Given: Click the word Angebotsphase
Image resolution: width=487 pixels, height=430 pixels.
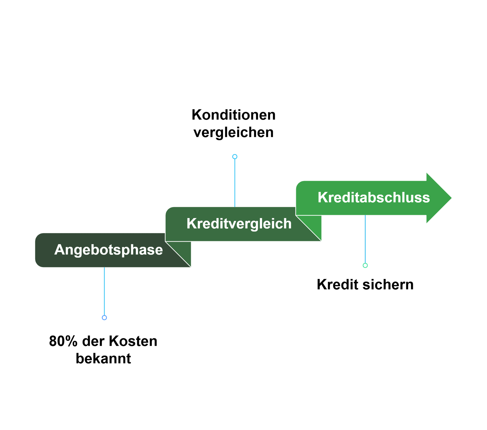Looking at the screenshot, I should pos(108,250).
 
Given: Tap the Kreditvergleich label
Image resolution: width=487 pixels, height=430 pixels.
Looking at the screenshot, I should pos(239,224).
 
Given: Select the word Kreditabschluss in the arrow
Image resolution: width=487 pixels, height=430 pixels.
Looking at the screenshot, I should pos(374,197).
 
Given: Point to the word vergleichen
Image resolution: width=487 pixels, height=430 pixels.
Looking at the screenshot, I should pos(233,133).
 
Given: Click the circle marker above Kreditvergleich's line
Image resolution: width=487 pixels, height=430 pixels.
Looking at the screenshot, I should pos(235,157).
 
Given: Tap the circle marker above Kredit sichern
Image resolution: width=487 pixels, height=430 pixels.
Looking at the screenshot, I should pos(365,266).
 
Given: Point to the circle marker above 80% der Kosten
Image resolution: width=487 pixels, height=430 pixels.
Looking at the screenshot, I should pos(104,318).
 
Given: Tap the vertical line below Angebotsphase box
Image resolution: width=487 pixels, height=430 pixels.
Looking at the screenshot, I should pos(104,292).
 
